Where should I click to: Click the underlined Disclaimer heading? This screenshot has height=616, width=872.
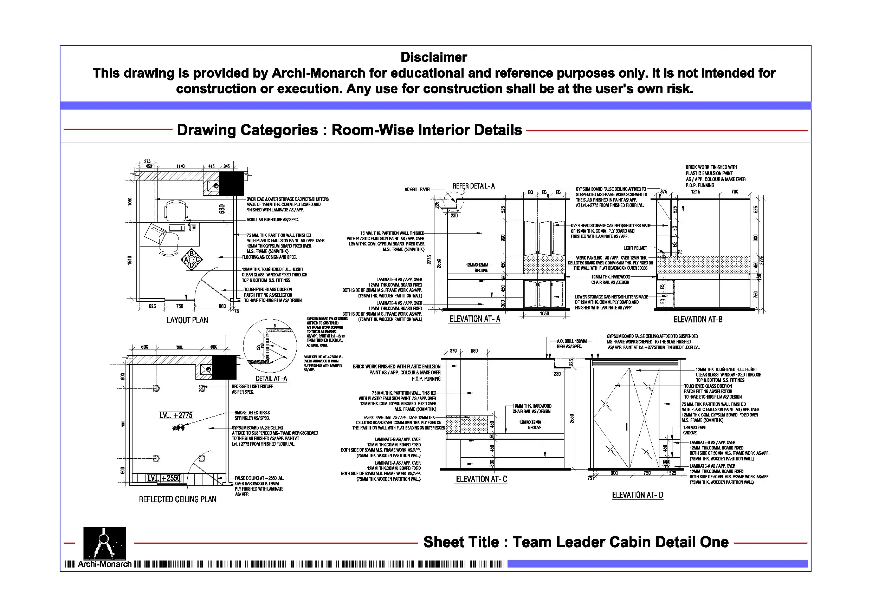tap(433, 57)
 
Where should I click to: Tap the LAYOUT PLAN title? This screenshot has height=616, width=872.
tap(187, 320)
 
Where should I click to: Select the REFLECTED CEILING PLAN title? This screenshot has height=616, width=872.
tap(177, 499)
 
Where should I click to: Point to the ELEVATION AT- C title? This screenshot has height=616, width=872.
tap(481, 479)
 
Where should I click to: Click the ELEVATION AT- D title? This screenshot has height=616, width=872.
tap(637, 495)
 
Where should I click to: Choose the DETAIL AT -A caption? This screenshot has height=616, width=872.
tap(271, 379)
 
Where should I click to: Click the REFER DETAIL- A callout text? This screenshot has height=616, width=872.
tap(473, 186)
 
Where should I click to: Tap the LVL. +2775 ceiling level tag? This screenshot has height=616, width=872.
tap(176, 415)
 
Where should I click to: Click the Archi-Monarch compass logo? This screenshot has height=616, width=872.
tap(104, 543)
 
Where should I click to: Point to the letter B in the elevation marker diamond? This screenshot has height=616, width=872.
tap(192, 254)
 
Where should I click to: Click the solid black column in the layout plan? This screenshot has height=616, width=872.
tap(231, 184)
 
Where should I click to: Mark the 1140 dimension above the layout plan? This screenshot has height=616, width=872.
tap(180, 166)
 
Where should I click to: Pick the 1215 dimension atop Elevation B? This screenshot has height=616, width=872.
tap(696, 192)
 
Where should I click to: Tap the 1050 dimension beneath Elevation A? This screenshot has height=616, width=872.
tap(544, 314)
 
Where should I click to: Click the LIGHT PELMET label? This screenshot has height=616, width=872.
tap(635, 248)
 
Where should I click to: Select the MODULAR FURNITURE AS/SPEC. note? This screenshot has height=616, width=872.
tap(272, 220)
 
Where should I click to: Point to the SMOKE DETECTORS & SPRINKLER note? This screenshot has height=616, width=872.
tap(252, 415)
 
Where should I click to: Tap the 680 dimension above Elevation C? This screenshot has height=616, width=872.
tap(474, 351)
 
